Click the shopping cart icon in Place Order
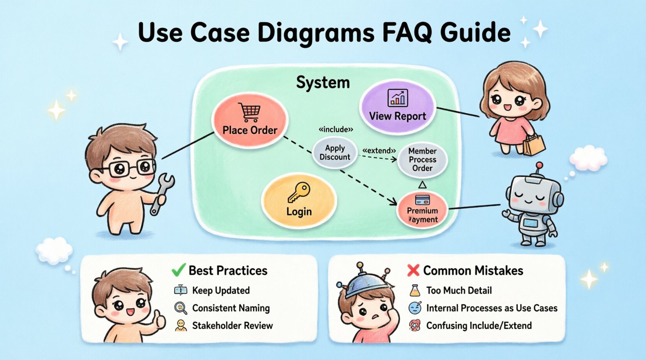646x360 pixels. tap(250, 112)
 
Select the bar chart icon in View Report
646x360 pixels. tap(398, 98)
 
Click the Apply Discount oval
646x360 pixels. tap(335, 153)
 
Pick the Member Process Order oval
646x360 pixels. tap(422, 159)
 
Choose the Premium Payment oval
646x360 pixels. tap(422, 210)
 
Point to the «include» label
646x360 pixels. tap(336, 130)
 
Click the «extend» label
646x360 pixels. tap(379, 151)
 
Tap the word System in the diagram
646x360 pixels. tap(323, 83)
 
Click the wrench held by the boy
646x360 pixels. tap(162, 192)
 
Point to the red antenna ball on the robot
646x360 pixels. tap(539, 166)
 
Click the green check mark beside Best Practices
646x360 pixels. tap(178, 270)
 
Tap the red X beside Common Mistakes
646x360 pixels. tap(413, 270)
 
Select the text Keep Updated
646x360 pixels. tap(221, 291)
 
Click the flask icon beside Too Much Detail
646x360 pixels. tap(415, 291)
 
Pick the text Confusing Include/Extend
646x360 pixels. tap(479, 325)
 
